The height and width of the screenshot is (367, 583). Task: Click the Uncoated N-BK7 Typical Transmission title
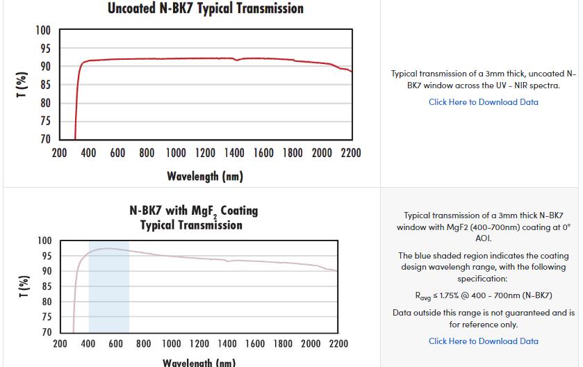206,9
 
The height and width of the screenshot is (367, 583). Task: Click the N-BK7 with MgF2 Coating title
193,210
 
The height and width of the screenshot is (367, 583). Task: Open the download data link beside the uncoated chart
483,102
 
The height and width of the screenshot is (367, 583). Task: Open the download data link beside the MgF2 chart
483,341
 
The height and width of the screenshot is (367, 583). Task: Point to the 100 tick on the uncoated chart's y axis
43,31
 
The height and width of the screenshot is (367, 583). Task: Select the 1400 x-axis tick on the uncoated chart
234,153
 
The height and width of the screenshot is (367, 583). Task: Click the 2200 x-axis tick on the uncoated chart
351,153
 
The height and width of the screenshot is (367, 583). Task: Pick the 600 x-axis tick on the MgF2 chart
116,343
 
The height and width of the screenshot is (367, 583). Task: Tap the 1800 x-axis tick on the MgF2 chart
283,343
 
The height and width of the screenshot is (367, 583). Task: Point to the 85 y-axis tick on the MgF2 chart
45,286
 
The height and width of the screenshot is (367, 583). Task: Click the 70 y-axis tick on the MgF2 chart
45,332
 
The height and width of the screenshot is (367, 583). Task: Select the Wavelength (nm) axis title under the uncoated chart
205,176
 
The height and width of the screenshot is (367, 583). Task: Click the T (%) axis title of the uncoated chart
22,84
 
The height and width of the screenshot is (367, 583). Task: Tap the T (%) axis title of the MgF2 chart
24,286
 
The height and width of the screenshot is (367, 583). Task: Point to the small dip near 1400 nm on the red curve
237,60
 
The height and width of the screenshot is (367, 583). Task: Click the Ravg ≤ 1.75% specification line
484,295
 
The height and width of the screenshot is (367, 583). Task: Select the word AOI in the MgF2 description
483,238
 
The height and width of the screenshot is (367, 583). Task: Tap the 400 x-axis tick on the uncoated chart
88,153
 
